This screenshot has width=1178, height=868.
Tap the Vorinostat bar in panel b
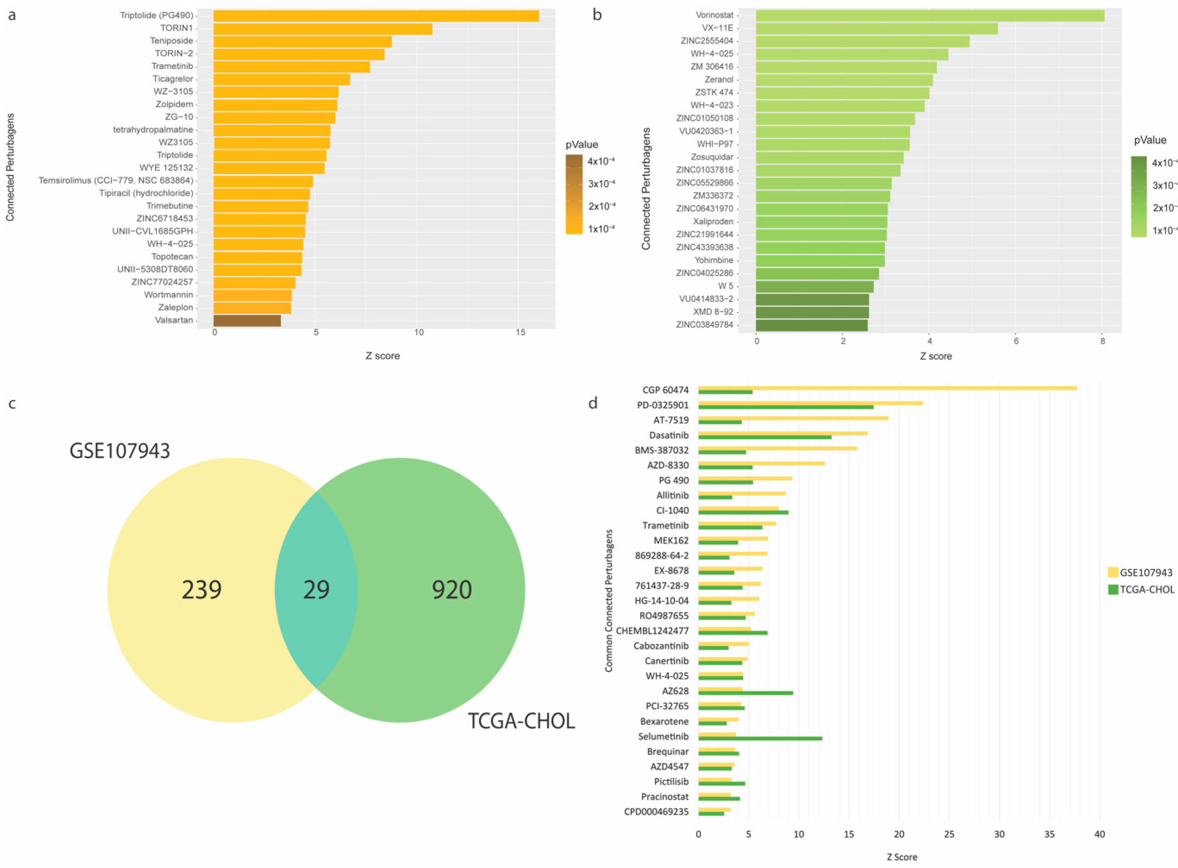[930, 15]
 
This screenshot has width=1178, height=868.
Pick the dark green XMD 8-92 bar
[812, 312]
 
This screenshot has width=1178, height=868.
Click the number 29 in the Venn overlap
[316, 590]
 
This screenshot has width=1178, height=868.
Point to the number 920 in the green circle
[452, 590]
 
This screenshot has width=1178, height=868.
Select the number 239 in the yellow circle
[202, 590]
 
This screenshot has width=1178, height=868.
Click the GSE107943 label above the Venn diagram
[120, 451]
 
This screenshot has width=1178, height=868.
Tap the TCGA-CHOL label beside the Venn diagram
[521, 721]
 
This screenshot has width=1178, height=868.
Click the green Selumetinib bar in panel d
[760, 738]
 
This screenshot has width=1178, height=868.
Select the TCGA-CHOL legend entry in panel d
[1146, 590]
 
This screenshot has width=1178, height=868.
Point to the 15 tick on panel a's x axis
[520, 333]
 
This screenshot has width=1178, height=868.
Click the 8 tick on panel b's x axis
[1102, 341]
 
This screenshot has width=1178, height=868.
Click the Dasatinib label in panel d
[668, 435]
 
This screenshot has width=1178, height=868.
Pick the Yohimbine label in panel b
[713, 260]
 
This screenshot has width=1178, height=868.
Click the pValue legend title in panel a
[582, 144]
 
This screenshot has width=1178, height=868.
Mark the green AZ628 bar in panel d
[745, 693]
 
